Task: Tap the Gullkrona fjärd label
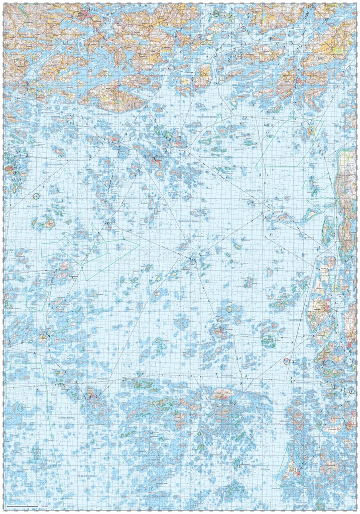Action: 254,190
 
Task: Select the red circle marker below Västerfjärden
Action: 287,360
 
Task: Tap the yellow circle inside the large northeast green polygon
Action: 311,132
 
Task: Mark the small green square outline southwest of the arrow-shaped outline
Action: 36,299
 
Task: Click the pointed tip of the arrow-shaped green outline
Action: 139,244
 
